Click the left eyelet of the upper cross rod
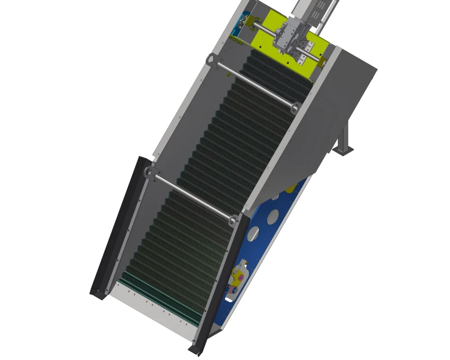(210, 58)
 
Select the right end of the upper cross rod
(296, 107)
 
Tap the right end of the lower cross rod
(233, 220)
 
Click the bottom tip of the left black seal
(94, 293)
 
